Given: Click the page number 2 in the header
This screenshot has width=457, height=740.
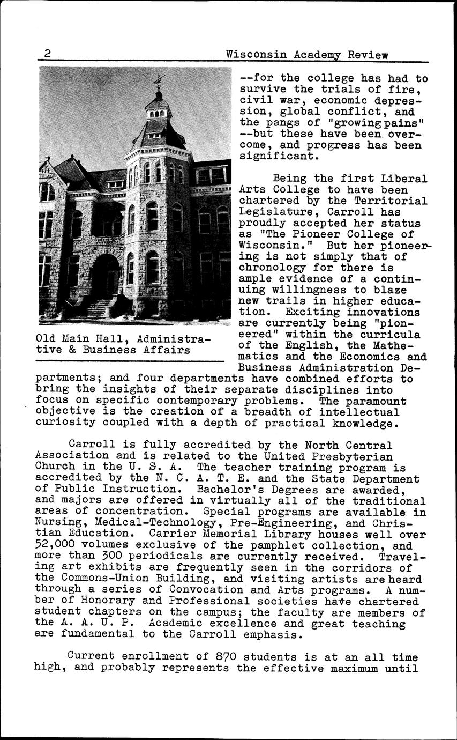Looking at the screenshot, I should pyautogui.click(x=48, y=54).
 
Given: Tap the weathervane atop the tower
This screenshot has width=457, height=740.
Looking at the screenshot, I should pyautogui.click(x=158, y=81).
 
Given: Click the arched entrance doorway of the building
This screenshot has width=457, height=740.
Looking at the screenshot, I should pyautogui.click(x=106, y=276).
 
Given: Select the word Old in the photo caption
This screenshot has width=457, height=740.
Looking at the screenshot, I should pyautogui.click(x=45, y=339).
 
